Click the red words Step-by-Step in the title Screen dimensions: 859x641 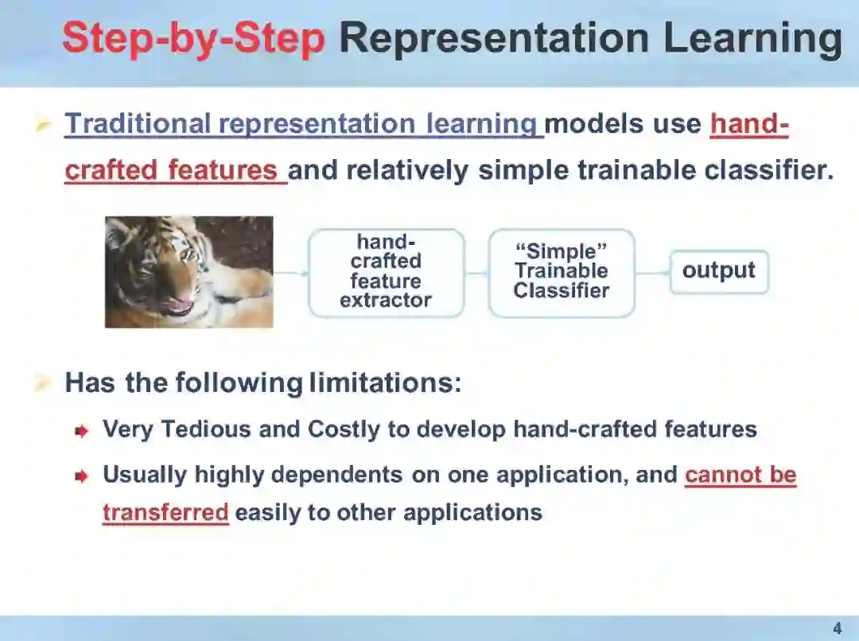pyautogui.click(x=194, y=38)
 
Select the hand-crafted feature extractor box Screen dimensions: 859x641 pyautogui.click(x=387, y=272)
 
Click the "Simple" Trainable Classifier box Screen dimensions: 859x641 pyautogui.click(x=562, y=272)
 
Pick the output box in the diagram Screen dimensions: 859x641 pyautogui.click(x=719, y=271)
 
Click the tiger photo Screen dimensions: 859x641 pyautogui.click(x=189, y=272)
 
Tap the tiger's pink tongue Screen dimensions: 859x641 pyautogui.click(x=180, y=302)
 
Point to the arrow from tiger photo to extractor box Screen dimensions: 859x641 pyautogui.click(x=291, y=272)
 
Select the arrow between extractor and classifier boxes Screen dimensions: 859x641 pyautogui.click(x=476, y=272)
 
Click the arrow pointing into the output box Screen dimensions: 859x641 pyautogui.click(x=653, y=272)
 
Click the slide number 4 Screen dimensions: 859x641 pyautogui.click(x=837, y=627)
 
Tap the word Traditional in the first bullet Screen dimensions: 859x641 pyautogui.click(x=138, y=123)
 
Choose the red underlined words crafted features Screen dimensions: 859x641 pyautogui.click(x=172, y=170)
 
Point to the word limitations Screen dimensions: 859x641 pyautogui.click(x=385, y=383)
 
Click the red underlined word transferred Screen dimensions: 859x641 pyautogui.click(x=165, y=513)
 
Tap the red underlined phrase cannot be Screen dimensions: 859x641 pyautogui.click(x=740, y=475)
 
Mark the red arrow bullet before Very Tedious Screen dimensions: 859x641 pyautogui.click(x=81, y=432)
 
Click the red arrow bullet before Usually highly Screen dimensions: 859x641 pyautogui.click(x=81, y=477)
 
